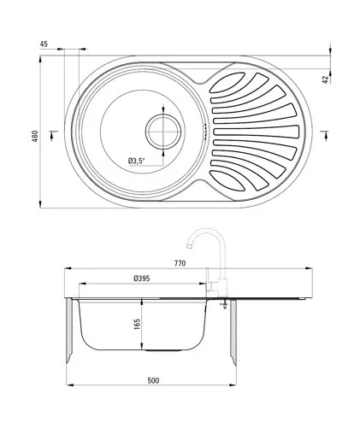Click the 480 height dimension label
[34, 136]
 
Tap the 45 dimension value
[44, 44]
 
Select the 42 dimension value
[326, 79]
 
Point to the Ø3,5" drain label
[137, 161]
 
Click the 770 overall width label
[180, 263]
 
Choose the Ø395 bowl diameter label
[142, 279]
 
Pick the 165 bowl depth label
[137, 325]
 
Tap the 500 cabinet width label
[153, 380]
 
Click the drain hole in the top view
[163, 132]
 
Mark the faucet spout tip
[189, 246]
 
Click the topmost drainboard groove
[227, 83]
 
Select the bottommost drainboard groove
[227, 180]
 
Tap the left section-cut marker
[53, 135]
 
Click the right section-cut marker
[324, 135]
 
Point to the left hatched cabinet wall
[68, 332]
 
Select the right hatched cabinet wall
[233, 332]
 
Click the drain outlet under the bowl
[163, 350]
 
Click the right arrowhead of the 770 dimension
[309, 268]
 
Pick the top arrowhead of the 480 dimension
[40, 59]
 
